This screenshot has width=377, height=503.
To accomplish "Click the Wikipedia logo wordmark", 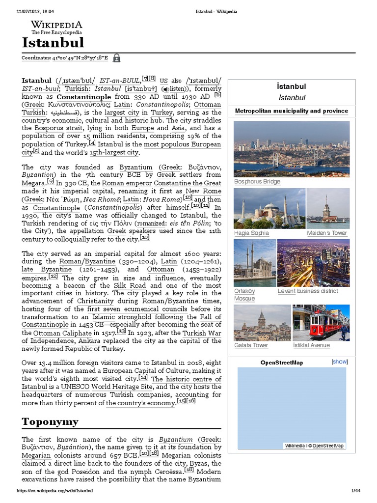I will pos(56,25).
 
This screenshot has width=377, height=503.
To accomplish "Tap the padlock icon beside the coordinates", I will pos(116,58).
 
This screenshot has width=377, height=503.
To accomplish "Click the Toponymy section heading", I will pos(50,421).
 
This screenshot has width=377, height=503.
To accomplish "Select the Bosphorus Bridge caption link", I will pos(257,182).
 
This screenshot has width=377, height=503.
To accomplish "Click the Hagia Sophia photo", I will pos(269,208).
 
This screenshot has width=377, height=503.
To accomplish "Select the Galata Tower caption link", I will pos(251,345).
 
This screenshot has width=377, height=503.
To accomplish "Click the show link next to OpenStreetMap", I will pos(340,362).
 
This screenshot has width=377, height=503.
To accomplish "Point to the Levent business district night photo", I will pos(313,263).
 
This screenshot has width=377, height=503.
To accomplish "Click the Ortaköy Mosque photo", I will pos(254,263).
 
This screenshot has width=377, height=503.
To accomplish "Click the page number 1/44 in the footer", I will pos(356,491).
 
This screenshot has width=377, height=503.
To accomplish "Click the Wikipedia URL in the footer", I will pos(54,491).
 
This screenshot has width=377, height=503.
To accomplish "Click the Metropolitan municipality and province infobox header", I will pos(292,111).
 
